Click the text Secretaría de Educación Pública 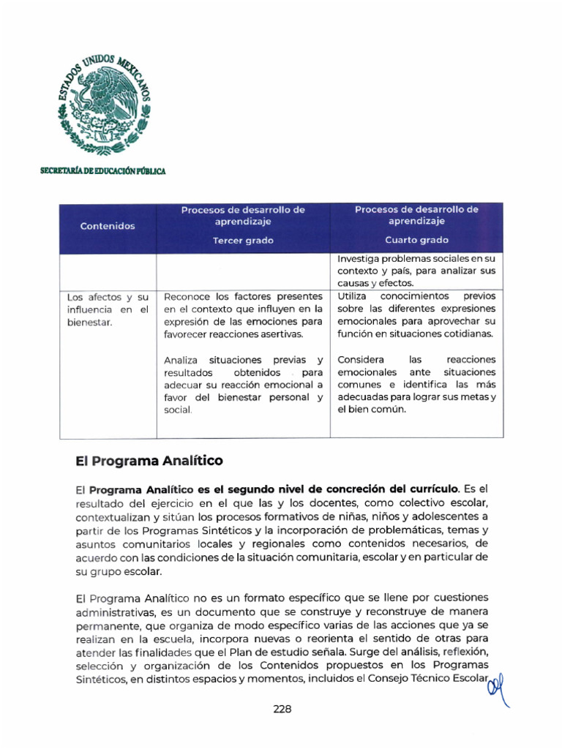coord(102,171)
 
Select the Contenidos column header coord(108,226)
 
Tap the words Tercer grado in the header coord(242,240)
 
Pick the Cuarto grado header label coord(416,240)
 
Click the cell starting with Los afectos coord(108,309)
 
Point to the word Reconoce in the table coord(188,296)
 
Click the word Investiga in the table coord(361,258)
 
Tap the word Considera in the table coord(361,360)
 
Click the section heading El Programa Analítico coord(149,461)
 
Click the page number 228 coord(282,709)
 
